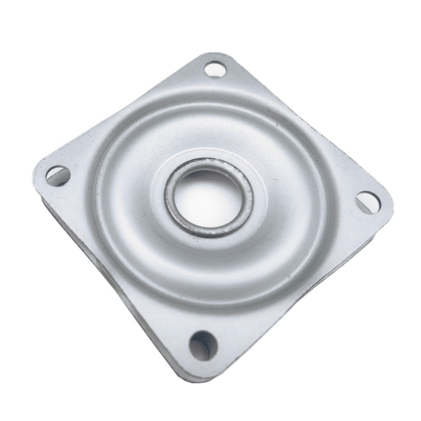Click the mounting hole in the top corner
(215, 69)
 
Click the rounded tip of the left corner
(37, 168)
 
